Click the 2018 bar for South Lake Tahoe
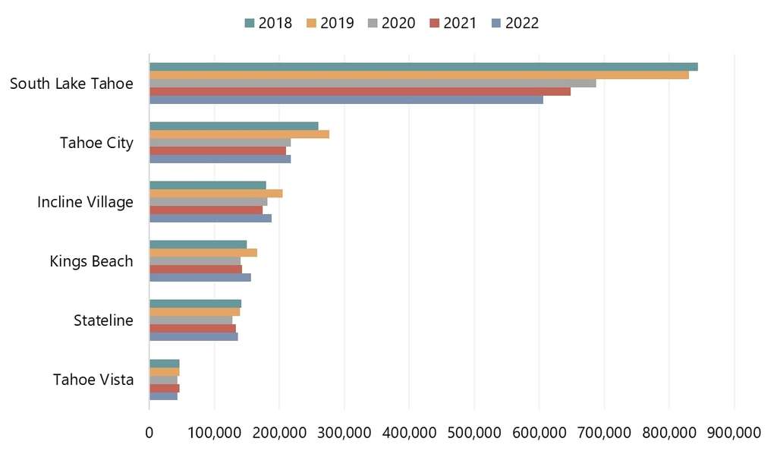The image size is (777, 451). click(x=423, y=67)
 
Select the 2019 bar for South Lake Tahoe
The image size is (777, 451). click(x=419, y=75)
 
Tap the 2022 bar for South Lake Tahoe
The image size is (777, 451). click(x=346, y=99)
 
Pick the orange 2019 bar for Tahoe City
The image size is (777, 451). click(x=239, y=134)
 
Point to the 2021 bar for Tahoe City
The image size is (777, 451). click(x=218, y=150)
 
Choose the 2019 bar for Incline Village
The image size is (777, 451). click(x=215, y=194)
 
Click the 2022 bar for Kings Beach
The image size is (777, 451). click(x=200, y=277)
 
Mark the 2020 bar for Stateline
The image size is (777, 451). click(x=190, y=320)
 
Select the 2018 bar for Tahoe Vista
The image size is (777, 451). click(x=164, y=364)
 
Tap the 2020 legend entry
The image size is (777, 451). click(x=392, y=23)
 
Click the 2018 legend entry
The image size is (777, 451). click(x=268, y=23)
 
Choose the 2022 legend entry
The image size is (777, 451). click(x=514, y=23)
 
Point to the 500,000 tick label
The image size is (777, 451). click(x=410, y=432)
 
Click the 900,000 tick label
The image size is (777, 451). click(x=734, y=432)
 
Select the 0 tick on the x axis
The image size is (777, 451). click(x=149, y=432)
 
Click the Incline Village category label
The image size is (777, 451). click(x=85, y=202)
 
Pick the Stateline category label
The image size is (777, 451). click(x=103, y=320)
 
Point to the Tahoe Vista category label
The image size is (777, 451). click(x=93, y=380)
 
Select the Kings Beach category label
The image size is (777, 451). click(x=91, y=261)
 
